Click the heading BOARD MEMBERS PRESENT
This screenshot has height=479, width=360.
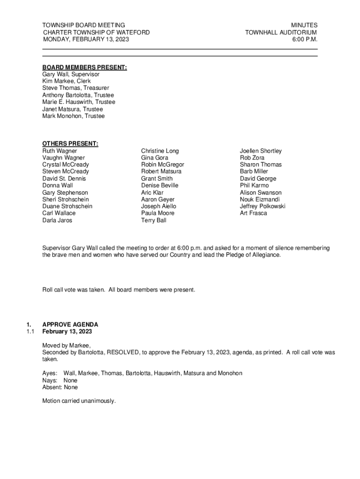pyautogui.click(x=85, y=67)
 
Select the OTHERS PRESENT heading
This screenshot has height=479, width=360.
pyautogui.click(x=70, y=144)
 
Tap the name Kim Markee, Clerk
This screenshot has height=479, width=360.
pyautogui.click(x=66, y=81)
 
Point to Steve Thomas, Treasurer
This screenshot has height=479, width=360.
pyautogui.click(x=75, y=88)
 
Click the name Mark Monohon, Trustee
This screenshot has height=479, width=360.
pyautogui.click(x=73, y=116)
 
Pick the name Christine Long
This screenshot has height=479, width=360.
pyautogui.click(x=160, y=151)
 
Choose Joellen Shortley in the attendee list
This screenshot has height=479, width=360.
pyautogui.click(x=261, y=151)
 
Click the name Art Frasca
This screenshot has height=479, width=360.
pyautogui.click(x=253, y=213)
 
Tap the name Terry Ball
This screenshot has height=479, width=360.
pyautogui.click(x=153, y=220)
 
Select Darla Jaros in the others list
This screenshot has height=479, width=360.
pyautogui.click(x=57, y=220)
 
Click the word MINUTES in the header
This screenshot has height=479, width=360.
pyautogui.click(x=304, y=25)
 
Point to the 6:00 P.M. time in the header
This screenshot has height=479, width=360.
pyautogui.click(x=305, y=39)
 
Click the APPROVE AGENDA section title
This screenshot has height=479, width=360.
pyautogui.click(x=70, y=325)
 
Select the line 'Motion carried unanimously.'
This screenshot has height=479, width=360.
pyautogui.click(x=79, y=401)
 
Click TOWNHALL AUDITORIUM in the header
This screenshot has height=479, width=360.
pyautogui.click(x=281, y=32)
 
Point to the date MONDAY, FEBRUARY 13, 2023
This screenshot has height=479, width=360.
pyautogui.click(x=86, y=39)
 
